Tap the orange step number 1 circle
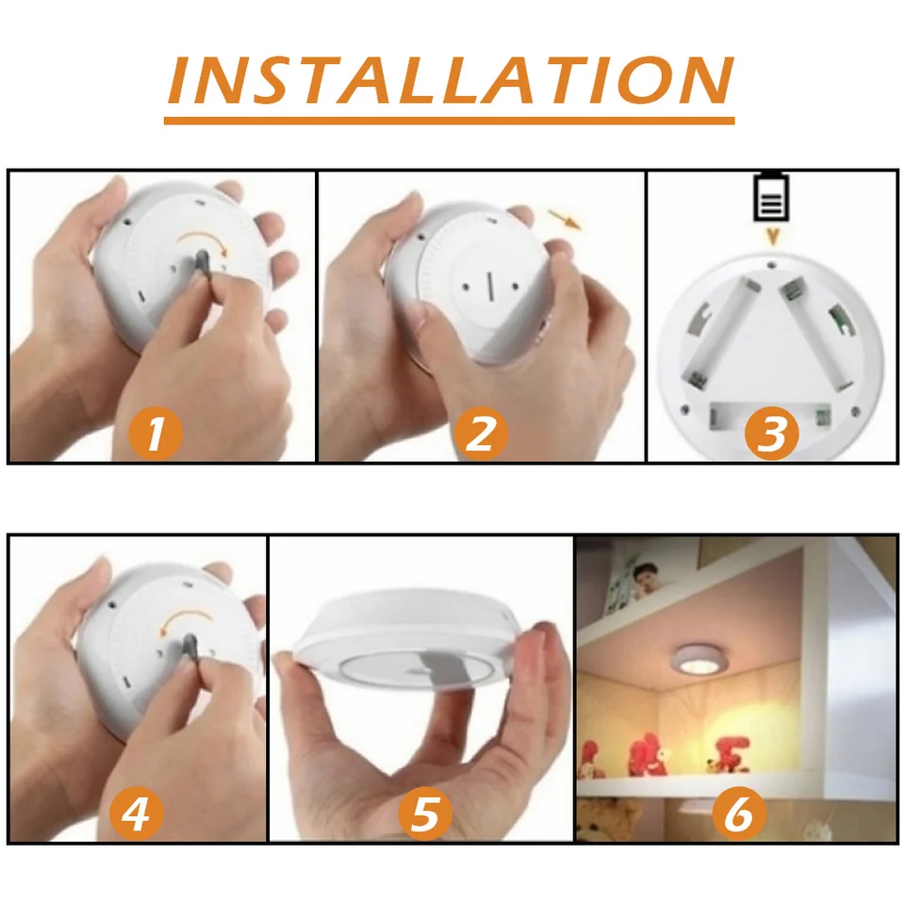[156, 434]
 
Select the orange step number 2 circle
[481, 434]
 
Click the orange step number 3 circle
[772, 434]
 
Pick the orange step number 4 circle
[137, 814]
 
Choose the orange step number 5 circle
[426, 814]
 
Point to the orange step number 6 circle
[739, 814]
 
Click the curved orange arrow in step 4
[186, 617]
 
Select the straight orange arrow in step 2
[565, 220]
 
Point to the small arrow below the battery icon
[772, 237]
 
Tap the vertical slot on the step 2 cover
[490, 287]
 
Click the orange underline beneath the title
[449, 121]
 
